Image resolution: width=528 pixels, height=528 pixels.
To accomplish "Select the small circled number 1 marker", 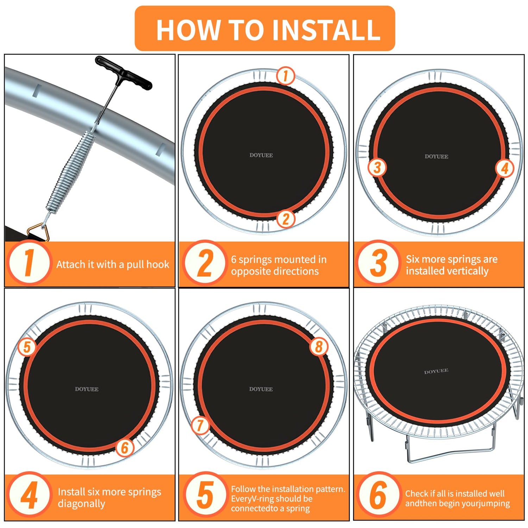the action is coord(285,76).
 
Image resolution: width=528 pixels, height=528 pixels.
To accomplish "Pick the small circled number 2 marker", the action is coord(286,219).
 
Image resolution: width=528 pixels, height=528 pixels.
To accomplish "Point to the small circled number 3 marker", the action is coord(377,168).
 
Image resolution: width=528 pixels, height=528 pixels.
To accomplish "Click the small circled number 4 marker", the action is coord(505,168).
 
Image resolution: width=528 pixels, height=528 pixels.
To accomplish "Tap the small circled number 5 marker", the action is coord(27,347).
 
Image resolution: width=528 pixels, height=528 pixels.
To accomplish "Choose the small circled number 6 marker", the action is coord(125,448).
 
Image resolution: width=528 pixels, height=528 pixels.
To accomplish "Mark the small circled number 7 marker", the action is coord(200,425).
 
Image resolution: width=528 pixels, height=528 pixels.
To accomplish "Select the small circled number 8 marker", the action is coord(319,346).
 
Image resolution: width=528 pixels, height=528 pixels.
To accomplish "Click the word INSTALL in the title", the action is coord(327,30).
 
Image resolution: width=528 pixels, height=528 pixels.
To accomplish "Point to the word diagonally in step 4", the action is coord(81,504).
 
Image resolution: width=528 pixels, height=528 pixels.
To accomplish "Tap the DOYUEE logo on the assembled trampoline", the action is coord(436,371).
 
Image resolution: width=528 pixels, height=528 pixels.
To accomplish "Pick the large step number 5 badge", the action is coord(205,495).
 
